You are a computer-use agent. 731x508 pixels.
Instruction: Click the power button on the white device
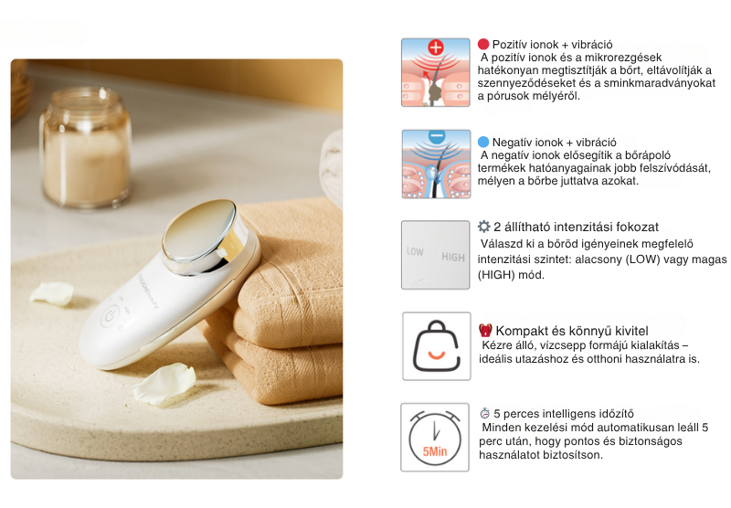coord(109,317)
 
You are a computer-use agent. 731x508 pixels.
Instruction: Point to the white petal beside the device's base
coord(164,383)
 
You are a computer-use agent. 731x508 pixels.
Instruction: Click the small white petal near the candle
coord(52,294)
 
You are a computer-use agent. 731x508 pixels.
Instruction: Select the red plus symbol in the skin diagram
coord(436,48)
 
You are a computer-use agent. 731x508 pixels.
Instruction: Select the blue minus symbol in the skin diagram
coord(436,135)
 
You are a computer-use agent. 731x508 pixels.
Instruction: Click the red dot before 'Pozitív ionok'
coord(483,44)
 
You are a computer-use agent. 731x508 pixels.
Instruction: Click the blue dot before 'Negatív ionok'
coord(483,142)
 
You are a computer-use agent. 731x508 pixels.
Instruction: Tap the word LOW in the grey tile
coord(415,251)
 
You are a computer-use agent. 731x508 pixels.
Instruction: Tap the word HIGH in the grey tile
coord(453,257)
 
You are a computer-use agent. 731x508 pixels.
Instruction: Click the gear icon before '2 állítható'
coord(484,227)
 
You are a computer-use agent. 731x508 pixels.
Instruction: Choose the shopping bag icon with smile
coord(437,345)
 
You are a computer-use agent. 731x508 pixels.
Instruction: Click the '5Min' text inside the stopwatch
coord(435,451)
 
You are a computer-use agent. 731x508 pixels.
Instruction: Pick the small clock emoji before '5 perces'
coord(485,413)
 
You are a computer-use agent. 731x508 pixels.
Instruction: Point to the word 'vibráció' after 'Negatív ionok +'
coord(596,143)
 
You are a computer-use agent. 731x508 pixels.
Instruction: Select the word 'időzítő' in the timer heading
coord(614,413)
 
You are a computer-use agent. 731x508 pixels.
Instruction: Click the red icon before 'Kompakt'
coord(485,331)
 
